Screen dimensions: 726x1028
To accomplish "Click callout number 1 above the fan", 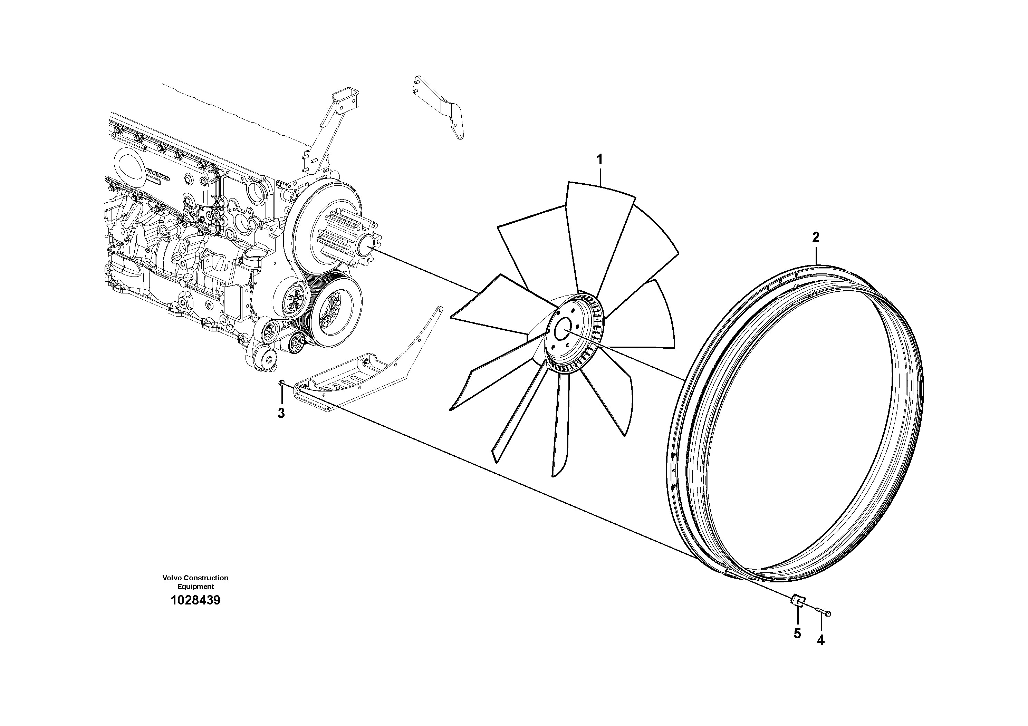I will tap(599, 159).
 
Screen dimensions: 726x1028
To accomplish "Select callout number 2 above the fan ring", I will tap(816, 237).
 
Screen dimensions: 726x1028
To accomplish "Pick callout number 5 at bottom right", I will tap(797, 633).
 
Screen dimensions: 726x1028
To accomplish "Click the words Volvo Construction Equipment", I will tap(195, 582).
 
